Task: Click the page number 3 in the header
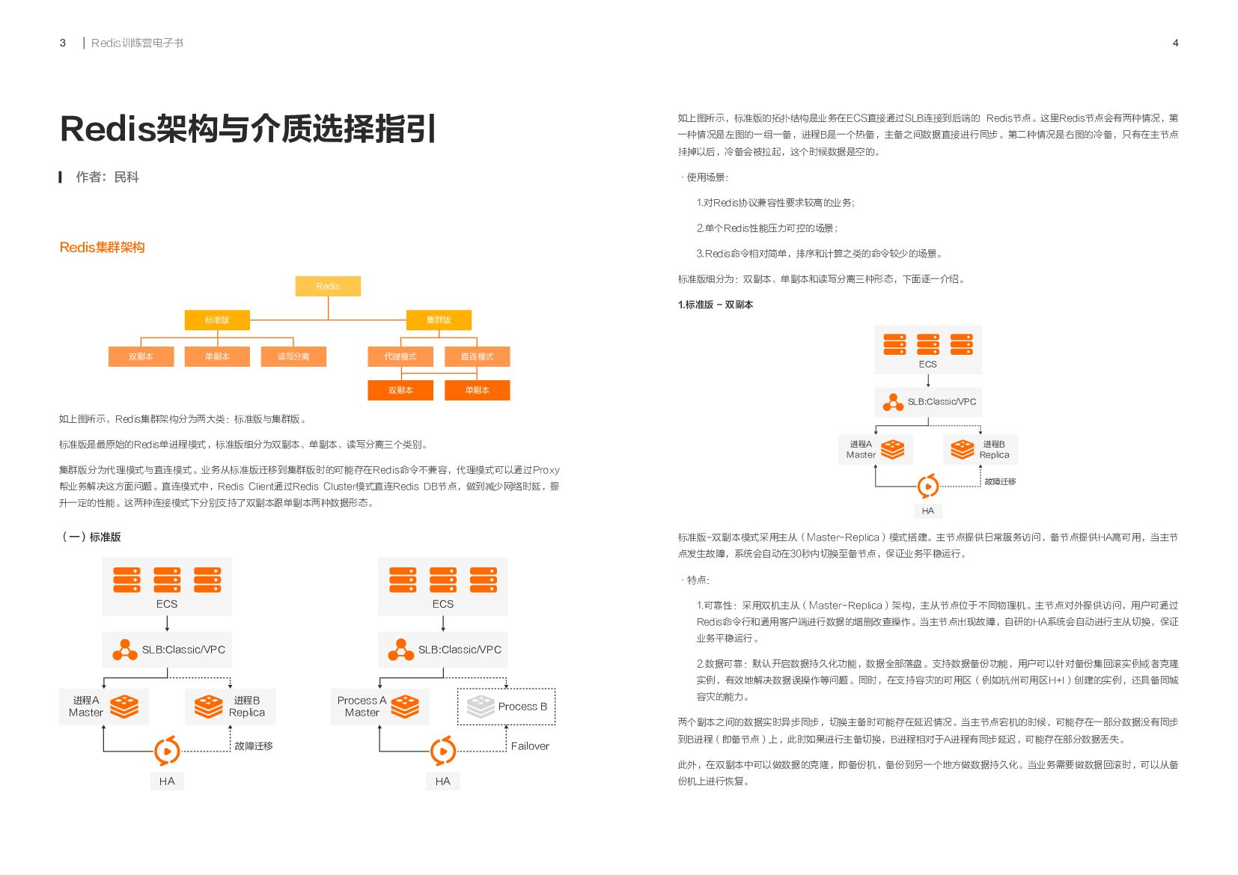[x=63, y=43]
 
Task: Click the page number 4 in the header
[x=1175, y=43]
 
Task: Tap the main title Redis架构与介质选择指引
[x=248, y=129]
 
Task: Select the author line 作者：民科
[x=107, y=177]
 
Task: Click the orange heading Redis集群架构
[x=102, y=248]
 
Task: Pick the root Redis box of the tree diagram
[x=328, y=287]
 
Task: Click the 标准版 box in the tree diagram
[x=217, y=320]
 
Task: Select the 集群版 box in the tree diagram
[x=439, y=320]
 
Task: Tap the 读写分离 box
[x=293, y=357]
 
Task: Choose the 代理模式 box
[x=400, y=357]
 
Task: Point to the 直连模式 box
[x=477, y=357]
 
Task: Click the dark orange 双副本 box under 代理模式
[x=400, y=391]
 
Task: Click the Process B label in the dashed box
[x=522, y=707]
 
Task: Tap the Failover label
[x=530, y=746]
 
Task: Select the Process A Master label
[x=362, y=707]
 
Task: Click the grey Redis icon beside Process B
[x=480, y=707]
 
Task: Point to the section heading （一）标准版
[x=91, y=537]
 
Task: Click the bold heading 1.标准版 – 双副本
[x=715, y=305]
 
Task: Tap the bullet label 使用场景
[x=707, y=177]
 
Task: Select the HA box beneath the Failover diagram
[x=442, y=781]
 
